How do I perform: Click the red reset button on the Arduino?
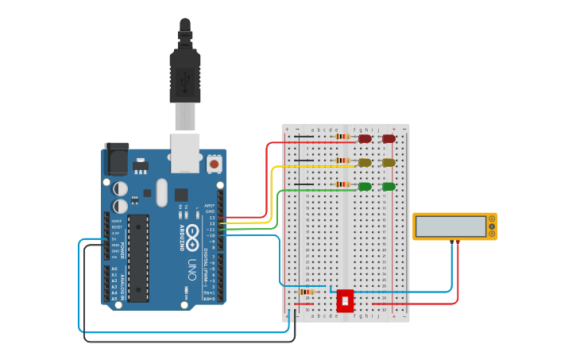(214, 164)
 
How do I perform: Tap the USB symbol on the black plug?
(185, 79)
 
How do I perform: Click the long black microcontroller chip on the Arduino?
(138, 257)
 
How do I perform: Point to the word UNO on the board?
(191, 269)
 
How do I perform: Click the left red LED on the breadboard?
(365, 138)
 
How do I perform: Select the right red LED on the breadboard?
(389, 138)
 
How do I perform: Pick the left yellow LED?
(365, 162)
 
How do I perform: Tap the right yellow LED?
(389, 162)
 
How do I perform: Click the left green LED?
(365, 186)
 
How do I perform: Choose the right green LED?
(389, 186)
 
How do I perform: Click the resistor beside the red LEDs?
(342, 137)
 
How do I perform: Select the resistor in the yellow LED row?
(342, 161)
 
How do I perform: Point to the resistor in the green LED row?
(342, 184)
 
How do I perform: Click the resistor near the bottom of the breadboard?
(306, 292)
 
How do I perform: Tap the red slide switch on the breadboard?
(345, 300)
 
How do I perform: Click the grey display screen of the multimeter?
(450, 226)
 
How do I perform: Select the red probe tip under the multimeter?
(457, 242)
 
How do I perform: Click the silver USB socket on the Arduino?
(185, 153)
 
